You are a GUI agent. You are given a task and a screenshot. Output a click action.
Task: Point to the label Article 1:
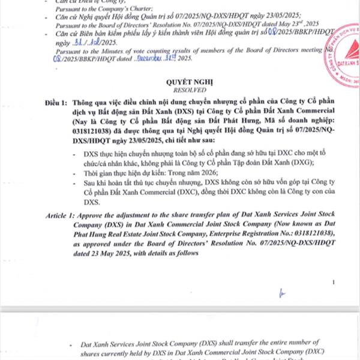point(60,214)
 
